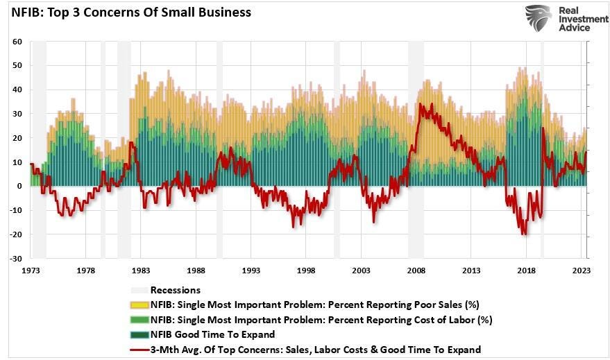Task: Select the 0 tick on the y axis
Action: click(21, 187)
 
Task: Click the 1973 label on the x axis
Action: click(31, 271)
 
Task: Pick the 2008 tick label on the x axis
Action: click(416, 271)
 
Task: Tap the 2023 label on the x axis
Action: click(582, 271)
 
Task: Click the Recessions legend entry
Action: click(176, 290)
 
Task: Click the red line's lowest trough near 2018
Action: click(523, 234)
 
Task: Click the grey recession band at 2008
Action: click(416, 149)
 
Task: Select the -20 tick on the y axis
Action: click(17, 234)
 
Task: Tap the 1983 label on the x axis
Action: click(141, 271)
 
